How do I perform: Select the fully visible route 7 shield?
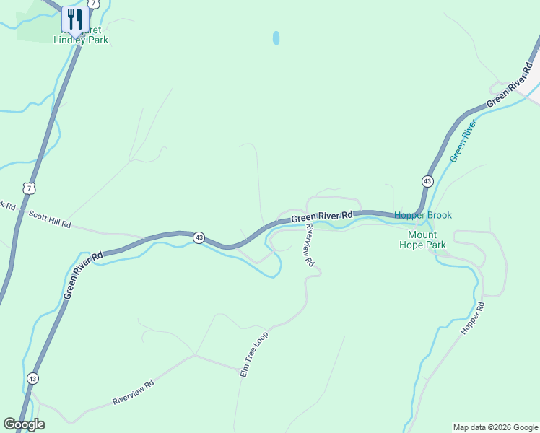28,188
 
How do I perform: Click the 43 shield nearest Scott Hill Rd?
199,237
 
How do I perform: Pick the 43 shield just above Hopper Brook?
427,181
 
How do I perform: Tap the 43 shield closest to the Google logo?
32,378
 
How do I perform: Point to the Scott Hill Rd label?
50,219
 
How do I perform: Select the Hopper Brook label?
423,215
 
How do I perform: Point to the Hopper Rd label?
474,318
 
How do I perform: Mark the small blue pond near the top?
276,38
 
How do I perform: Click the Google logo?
23,424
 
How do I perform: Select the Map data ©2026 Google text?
495,427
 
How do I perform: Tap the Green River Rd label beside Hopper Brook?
322,216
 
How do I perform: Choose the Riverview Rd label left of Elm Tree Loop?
134,393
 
